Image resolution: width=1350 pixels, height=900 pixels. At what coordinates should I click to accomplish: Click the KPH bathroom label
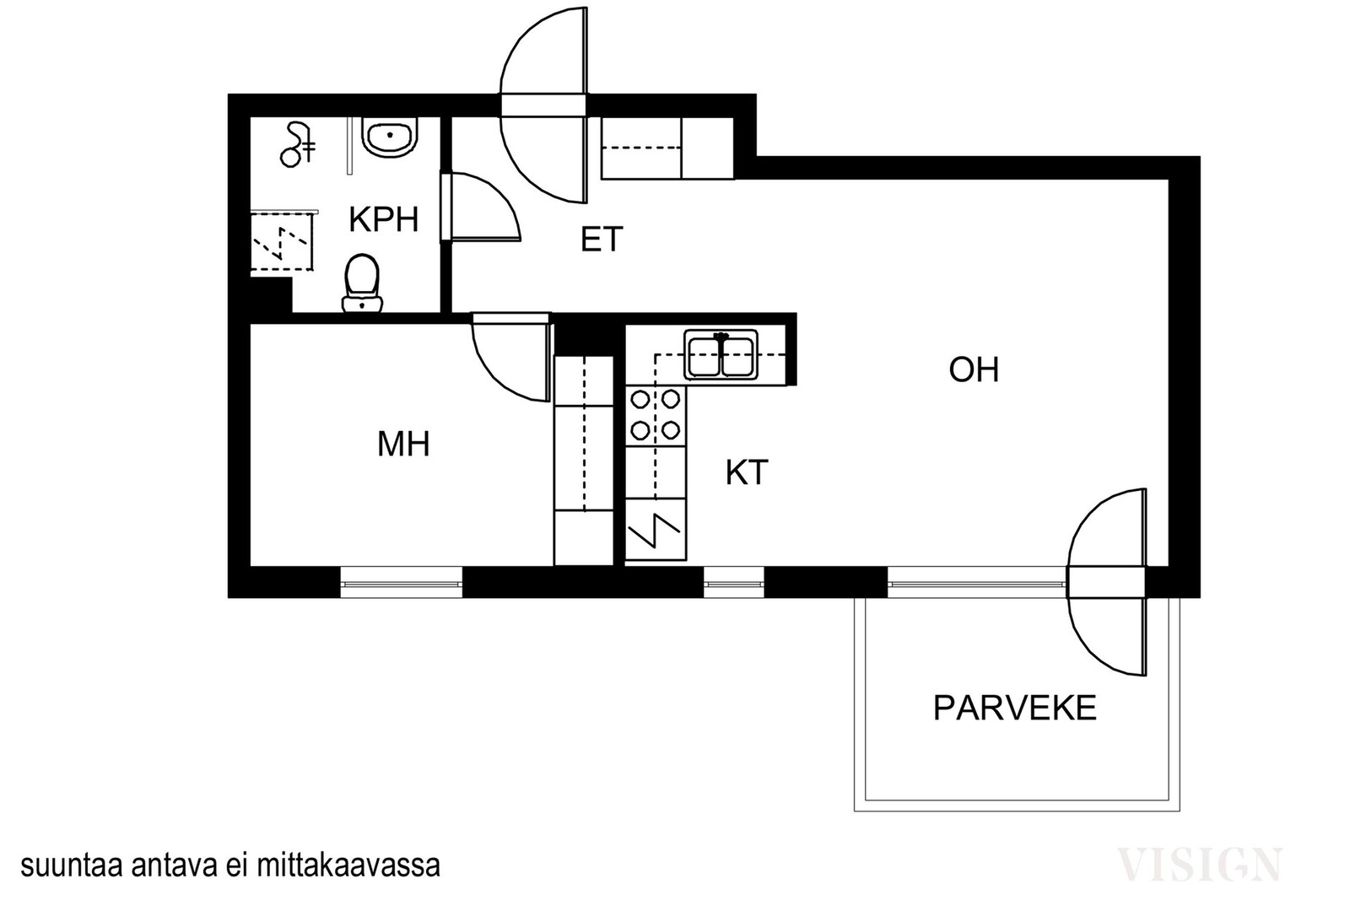pos(384,219)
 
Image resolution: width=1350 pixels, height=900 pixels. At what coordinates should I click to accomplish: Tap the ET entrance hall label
pos(602,240)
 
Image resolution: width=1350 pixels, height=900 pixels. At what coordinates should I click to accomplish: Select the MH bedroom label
pos(403,444)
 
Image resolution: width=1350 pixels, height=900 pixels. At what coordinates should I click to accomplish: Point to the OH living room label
pos(974,369)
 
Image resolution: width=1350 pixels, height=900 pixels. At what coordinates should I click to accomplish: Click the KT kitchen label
pos(747,472)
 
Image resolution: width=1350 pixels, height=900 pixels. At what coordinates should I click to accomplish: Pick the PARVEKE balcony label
pos(1015,708)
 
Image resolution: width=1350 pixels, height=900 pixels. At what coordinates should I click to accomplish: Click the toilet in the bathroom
pos(362,283)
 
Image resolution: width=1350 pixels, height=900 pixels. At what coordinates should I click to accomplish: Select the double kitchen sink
pos(721,354)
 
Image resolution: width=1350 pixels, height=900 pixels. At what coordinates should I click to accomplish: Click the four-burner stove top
pos(655,414)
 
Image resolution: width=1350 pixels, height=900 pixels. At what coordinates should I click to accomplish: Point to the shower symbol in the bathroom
pos(296,144)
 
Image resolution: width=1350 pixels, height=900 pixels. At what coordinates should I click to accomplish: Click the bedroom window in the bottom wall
pos(402,583)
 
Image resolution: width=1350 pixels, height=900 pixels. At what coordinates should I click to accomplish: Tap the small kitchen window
pos(734,583)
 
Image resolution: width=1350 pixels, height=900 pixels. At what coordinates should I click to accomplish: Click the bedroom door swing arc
pos(494,375)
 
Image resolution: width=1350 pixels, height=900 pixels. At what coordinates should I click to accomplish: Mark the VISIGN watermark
pos(1200,865)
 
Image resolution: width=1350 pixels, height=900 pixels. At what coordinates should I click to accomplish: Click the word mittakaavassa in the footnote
pos(349,866)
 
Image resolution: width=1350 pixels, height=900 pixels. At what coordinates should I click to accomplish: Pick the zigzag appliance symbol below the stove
pos(655,530)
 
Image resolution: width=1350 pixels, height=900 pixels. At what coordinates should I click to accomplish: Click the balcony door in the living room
pos(1106,583)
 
